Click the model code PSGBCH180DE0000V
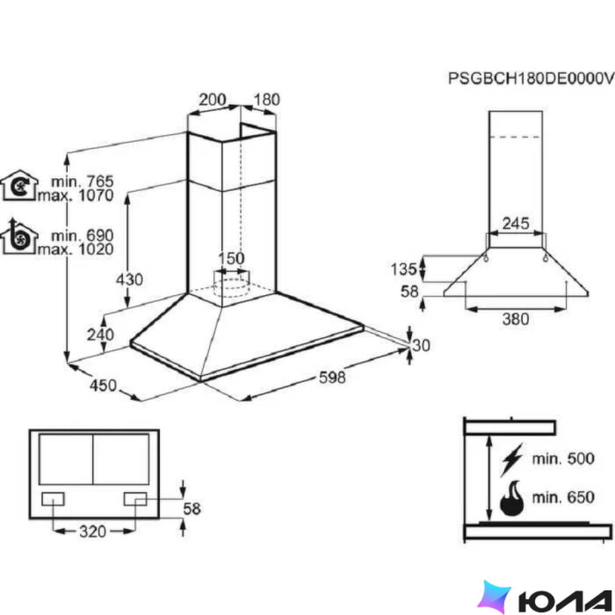tap(531, 79)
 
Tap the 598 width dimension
tap(332, 377)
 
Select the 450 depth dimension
tap(103, 385)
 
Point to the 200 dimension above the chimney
tap(212, 100)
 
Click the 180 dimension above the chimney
tap(267, 100)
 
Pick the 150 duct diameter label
tap(231, 258)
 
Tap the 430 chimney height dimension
tap(130, 280)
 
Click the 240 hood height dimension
tap(101, 334)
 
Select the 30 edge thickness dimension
tap(421, 345)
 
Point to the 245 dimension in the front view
tap(516, 224)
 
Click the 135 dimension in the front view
tap(403, 269)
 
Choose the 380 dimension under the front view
tap(516, 319)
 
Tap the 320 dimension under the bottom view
tap(93, 532)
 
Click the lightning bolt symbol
tap(512, 460)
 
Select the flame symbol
tap(512, 498)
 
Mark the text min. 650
tap(563, 498)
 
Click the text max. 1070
tap(75, 195)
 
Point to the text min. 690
tap(82, 235)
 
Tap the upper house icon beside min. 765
tap(19, 186)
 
